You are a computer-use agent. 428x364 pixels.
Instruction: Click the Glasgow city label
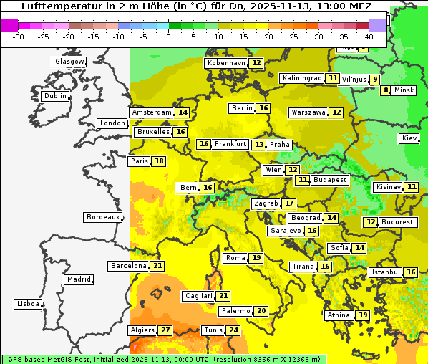click(x=69, y=62)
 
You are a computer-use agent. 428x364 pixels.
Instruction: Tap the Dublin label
click(x=54, y=96)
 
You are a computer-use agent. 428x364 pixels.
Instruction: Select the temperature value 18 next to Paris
click(x=159, y=161)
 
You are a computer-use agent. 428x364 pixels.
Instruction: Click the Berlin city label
click(x=242, y=108)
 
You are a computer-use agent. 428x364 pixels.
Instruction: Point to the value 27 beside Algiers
click(x=166, y=330)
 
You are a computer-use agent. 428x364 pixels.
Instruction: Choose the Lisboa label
click(x=27, y=304)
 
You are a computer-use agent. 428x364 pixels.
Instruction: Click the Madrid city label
click(x=78, y=279)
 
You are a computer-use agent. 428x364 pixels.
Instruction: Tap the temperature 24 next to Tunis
click(x=233, y=330)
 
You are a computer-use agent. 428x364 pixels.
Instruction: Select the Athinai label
click(x=339, y=315)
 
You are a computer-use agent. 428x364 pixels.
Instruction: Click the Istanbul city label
click(x=385, y=273)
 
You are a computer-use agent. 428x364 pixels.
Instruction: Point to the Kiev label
click(x=409, y=138)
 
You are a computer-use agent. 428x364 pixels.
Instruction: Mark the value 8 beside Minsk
click(x=386, y=90)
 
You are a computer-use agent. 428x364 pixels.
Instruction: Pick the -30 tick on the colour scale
click(x=19, y=37)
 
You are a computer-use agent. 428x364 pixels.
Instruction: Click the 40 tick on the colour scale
click(x=369, y=37)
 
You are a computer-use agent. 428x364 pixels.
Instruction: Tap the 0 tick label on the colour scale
click(x=168, y=37)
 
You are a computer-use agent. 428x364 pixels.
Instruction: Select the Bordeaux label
click(x=102, y=217)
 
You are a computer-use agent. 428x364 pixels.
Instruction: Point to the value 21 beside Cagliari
click(x=223, y=296)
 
